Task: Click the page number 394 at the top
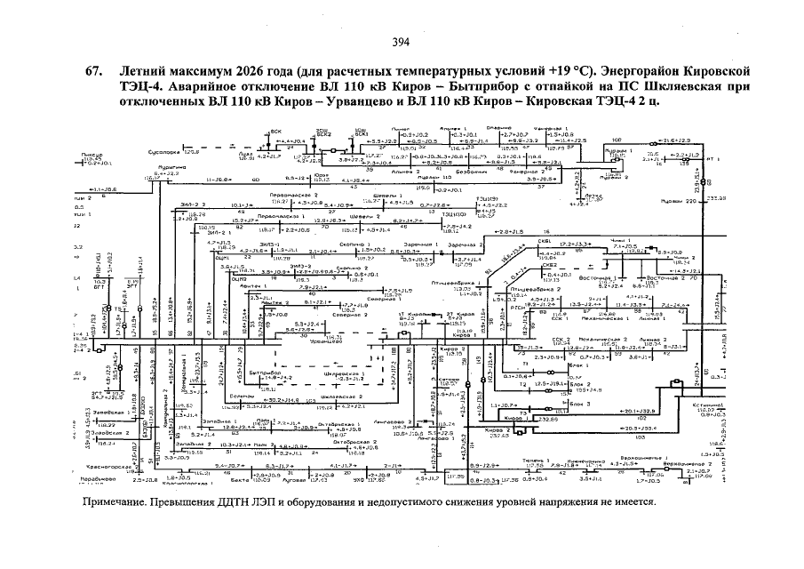pos(401,42)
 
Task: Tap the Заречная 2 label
pos(469,243)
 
